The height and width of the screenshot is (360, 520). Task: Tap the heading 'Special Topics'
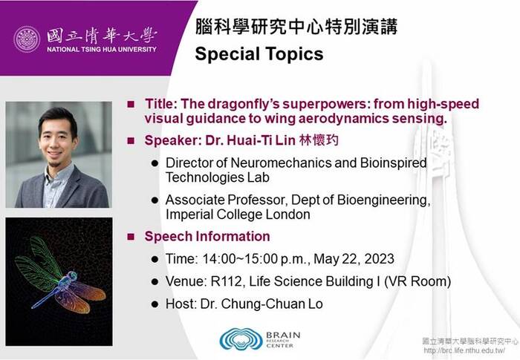click(x=259, y=54)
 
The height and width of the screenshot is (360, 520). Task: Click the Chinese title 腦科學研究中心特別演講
click(x=296, y=28)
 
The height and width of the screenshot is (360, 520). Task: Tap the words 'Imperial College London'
click(x=237, y=215)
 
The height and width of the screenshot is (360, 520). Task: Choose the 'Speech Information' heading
click(x=207, y=237)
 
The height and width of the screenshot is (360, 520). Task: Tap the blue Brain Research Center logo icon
click(x=240, y=339)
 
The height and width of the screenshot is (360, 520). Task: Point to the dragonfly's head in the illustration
click(x=73, y=276)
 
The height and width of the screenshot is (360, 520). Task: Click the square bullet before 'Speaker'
click(x=131, y=140)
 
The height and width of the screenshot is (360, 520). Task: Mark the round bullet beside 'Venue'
click(x=155, y=282)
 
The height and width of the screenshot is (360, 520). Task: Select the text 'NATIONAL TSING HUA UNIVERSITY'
click(x=102, y=50)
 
